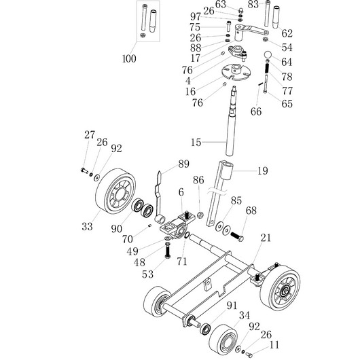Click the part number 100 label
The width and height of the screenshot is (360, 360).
click(129, 58)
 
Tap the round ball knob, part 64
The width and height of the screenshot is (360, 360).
click(268, 55)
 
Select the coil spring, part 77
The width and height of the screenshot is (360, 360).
click(267, 68)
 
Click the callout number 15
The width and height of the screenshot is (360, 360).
click(196, 143)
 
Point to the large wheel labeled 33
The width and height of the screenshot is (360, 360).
click(115, 191)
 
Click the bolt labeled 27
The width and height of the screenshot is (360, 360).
click(84, 170)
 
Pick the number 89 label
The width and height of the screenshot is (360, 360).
click(183, 164)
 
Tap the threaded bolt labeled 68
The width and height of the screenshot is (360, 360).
click(236, 236)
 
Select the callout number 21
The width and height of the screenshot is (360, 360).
click(266, 238)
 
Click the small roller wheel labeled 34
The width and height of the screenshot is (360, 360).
click(223, 340)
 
